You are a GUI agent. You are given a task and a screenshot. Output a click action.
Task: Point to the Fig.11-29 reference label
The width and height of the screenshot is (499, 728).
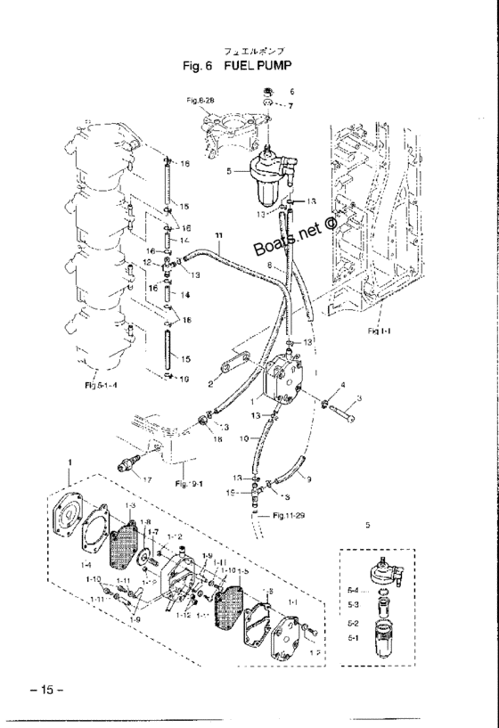coord(284,515)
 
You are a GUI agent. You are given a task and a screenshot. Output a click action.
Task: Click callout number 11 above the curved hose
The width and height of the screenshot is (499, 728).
coord(217,235)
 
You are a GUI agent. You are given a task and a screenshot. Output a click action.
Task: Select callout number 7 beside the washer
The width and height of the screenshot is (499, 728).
coord(290,105)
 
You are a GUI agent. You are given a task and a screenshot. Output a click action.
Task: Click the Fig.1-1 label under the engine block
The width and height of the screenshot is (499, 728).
coord(377,331)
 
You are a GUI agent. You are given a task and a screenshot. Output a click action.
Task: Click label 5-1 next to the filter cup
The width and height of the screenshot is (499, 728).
coord(353,638)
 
